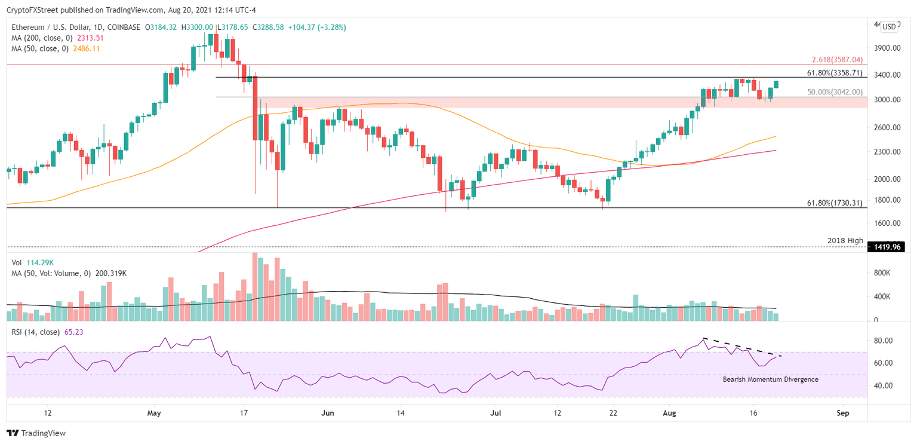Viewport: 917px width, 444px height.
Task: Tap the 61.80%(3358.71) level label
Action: point(835,73)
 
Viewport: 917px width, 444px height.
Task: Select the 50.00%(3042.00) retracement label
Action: point(835,92)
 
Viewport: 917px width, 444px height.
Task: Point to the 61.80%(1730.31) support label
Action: point(835,203)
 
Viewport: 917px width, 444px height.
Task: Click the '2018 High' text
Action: point(845,240)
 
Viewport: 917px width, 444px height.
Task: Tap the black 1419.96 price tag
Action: point(888,246)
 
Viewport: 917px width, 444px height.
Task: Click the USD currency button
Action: point(889,26)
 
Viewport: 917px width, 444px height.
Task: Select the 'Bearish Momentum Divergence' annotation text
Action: point(770,379)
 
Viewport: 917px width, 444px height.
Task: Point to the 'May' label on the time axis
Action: point(154,413)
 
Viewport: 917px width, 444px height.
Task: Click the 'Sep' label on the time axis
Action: point(843,413)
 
